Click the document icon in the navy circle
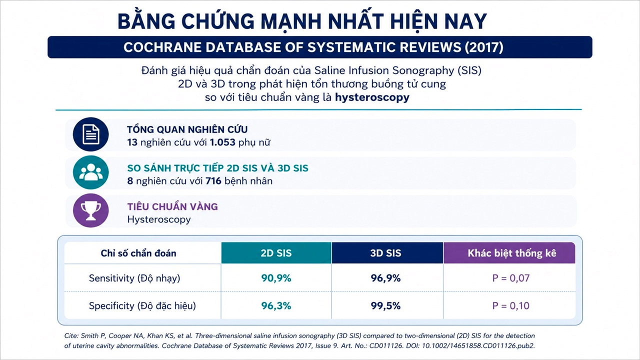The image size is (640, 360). [91, 134]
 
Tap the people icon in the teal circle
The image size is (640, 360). [91, 172]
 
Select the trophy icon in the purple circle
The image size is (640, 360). [91, 210]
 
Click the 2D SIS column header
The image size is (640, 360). [276, 253]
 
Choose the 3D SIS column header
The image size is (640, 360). [385, 253]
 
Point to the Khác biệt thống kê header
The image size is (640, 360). [511, 253]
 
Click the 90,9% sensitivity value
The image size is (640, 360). [276, 278]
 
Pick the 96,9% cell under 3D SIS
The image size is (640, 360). [385, 278]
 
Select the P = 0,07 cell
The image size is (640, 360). [511, 278]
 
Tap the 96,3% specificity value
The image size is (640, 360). [276, 305]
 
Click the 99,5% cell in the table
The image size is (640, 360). [385, 305]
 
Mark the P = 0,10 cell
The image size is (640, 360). [511, 305]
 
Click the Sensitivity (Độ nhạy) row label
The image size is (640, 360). [134, 278]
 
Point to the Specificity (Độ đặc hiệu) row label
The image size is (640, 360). [142, 306]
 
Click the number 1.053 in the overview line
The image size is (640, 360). [222, 142]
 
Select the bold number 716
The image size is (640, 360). [213, 181]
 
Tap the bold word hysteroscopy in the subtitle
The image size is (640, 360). [372, 97]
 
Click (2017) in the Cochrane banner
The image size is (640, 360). [483, 47]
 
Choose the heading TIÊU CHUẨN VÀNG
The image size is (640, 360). [172, 206]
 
